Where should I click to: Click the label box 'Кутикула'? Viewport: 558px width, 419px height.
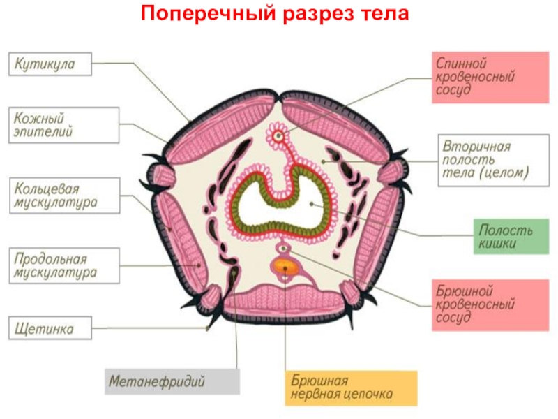50,64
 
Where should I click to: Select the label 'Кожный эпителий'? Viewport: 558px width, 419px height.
63,125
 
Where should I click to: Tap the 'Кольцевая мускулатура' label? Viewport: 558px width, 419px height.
64,196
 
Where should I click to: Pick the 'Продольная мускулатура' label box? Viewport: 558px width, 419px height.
64,266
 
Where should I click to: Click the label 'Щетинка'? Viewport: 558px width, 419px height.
50,328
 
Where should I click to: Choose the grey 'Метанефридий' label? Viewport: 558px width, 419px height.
172,381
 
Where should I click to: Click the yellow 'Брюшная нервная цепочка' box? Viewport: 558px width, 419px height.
351,388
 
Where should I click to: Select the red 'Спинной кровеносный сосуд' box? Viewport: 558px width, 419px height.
490,78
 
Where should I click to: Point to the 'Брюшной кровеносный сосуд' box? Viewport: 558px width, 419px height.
490,305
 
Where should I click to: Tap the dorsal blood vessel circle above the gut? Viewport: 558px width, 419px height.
278,135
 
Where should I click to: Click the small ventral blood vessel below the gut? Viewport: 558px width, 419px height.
283,248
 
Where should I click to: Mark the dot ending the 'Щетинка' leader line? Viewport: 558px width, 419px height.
207,328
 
